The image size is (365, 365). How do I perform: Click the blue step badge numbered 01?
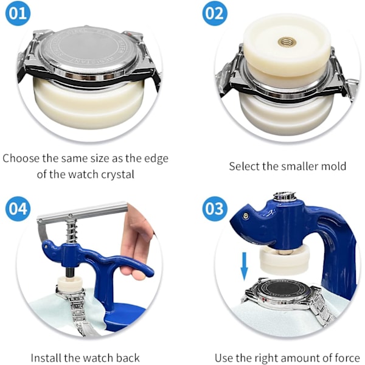(18, 13)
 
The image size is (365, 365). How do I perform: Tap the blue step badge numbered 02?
(214, 13)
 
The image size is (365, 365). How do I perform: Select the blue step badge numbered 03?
(214, 209)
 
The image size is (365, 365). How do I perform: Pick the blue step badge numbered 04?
(18, 209)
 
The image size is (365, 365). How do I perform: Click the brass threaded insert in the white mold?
(287, 42)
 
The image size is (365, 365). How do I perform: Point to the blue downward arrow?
(244, 266)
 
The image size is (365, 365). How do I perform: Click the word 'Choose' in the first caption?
(21, 159)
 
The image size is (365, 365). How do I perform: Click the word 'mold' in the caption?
(333, 166)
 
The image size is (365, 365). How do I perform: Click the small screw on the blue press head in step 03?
(245, 215)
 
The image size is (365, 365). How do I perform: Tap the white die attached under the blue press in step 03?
(285, 259)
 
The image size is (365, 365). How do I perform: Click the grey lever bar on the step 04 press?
(82, 212)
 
